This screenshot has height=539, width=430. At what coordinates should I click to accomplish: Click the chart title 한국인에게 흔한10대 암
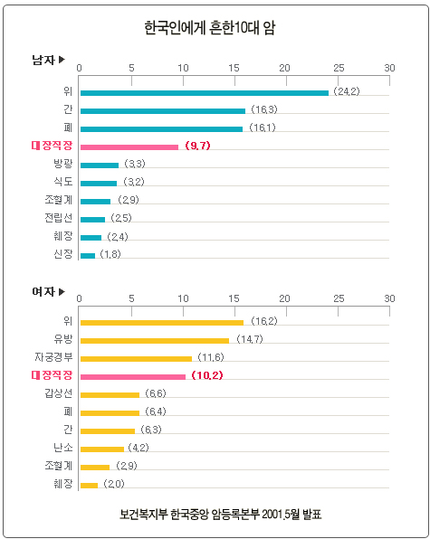pyautogui.click(x=209, y=28)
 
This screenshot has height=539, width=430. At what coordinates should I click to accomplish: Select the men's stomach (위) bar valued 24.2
pyautogui.click(x=205, y=93)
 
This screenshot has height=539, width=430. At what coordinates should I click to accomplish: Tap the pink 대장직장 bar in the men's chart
pyautogui.click(x=129, y=147)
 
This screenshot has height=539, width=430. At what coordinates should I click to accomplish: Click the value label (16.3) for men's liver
pyautogui.click(x=263, y=109)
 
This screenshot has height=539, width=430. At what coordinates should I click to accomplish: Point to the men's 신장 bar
pyautogui.click(x=88, y=256)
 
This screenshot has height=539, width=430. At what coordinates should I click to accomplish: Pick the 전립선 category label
pyautogui.click(x=59, y=218)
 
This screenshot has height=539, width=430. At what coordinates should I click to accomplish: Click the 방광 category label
pyautogui.click(x=63, y=164)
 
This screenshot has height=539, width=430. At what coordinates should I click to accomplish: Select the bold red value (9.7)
pyautogui.click(x=197, y=146)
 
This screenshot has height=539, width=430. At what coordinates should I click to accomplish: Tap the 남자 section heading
pyautogui.click(x=43, y=60)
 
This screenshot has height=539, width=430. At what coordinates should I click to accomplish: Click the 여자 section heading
pyautogui.click(x=43, y=291)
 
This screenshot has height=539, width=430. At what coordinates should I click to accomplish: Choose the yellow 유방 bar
pyautogui.click(x=155, y=341)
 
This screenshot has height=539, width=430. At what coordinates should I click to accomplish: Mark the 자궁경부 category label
pyautogui.click(x=53, y=357)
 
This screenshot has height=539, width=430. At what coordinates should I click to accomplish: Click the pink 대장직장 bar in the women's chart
pyautogui.click(x=133, y=377)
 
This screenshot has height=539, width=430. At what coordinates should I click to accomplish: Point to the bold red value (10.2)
pyautogui.click(x=207, y=375)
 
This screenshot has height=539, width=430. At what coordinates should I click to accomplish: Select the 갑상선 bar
pyautogui.click(x=110, y=395)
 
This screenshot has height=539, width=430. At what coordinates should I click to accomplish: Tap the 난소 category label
pyautogui.click(x=63, y=448)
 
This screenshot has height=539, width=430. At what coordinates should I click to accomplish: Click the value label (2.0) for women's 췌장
pyautogui.click(x=114, y=484)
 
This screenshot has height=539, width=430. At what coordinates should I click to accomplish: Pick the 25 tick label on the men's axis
pyautogui.click(x=339, y=68)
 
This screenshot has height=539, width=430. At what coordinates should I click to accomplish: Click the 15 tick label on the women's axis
pyautogui.click(x=234, y=298)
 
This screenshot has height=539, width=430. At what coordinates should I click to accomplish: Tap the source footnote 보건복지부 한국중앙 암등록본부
pyautogui.click(x=189, y=515)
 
